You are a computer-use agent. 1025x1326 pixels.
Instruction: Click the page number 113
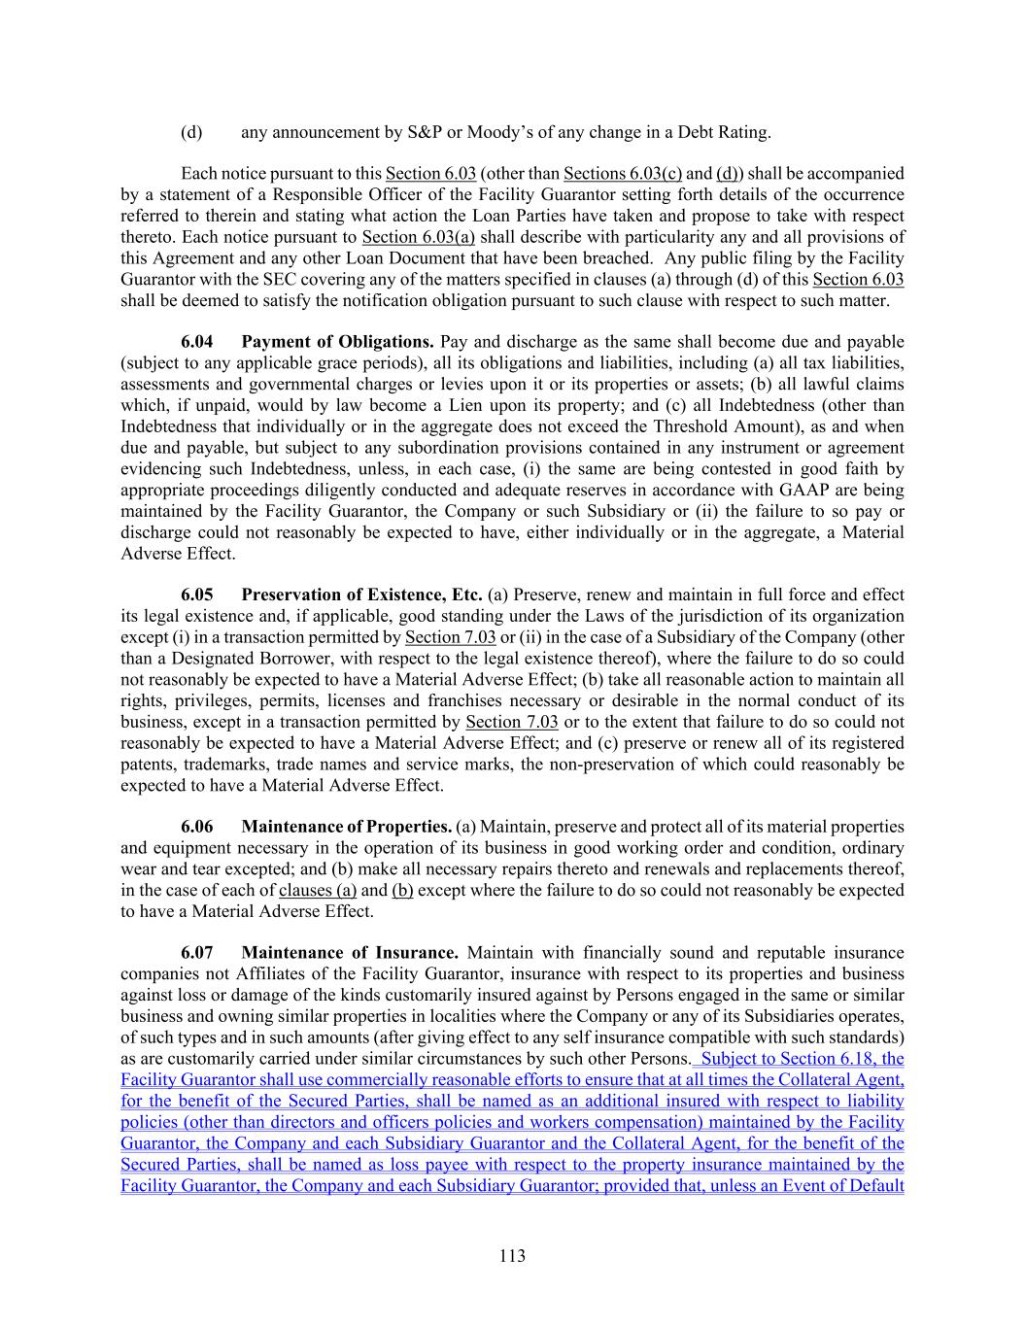coord(512,1256)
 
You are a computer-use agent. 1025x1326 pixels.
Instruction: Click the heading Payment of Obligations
coord(337,342)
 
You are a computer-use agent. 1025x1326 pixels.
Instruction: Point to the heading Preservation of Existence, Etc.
coord(361,595)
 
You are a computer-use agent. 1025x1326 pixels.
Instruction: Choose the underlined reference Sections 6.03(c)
coord(622,174)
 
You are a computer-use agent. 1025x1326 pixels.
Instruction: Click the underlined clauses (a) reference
coord(318,891)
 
